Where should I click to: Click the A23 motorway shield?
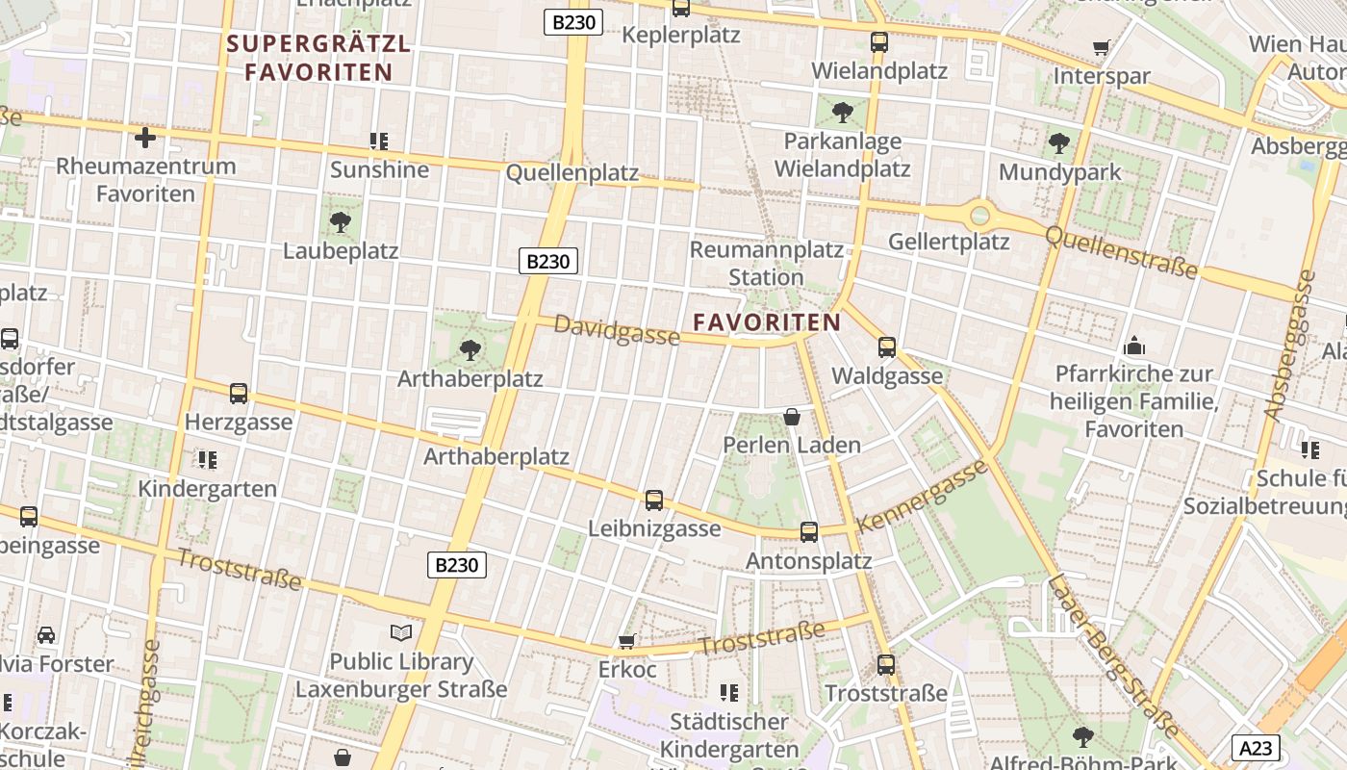tap(1255, 748)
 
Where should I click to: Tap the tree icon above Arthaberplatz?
tap(470, 349)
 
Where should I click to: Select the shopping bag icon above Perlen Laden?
tap(792, 416)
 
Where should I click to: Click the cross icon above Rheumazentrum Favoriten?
tap(145, 138)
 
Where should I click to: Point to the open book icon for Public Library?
tap(401, 632)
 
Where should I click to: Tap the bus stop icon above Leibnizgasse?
tap(654, 500)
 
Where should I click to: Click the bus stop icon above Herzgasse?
tap(238, 393)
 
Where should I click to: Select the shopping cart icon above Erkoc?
tap(626, 641)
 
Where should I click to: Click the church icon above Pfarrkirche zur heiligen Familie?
tap(1134, 346)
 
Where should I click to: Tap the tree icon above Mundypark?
tap(1059, 143)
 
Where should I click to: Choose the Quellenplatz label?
tap(572, 173)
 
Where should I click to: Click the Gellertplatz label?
tap(949, 241)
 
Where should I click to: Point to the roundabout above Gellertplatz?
tap(979, 215)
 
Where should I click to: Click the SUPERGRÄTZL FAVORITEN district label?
tap(318, 58)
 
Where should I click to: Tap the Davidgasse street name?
tap(617, 330)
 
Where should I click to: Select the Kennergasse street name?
tap(922, 497)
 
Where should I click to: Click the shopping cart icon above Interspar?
tap(1101, 47)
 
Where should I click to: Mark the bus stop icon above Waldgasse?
tap(887, 346)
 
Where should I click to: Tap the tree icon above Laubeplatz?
tap(340, 222)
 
